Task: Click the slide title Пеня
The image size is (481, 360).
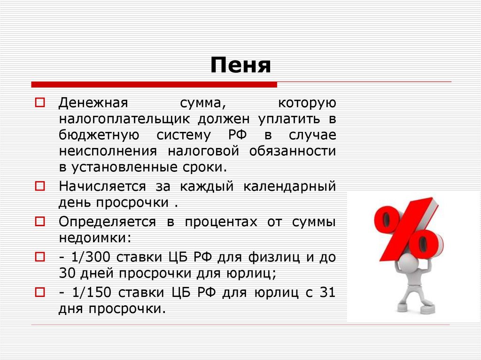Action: (240, 65)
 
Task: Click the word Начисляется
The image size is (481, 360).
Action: (102, 186)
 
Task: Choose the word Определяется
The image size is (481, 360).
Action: (107, 222)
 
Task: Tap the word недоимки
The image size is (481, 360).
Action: (93, 237)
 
